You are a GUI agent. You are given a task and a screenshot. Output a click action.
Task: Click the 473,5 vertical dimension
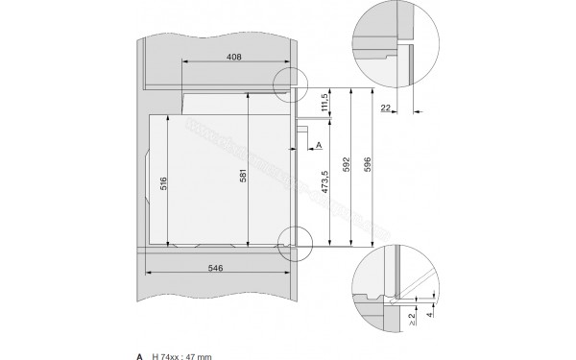point(325,185)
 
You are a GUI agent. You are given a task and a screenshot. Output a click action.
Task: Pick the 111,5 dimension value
point(325,103)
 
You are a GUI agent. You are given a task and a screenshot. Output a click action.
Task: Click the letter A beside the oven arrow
point(318,145)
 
